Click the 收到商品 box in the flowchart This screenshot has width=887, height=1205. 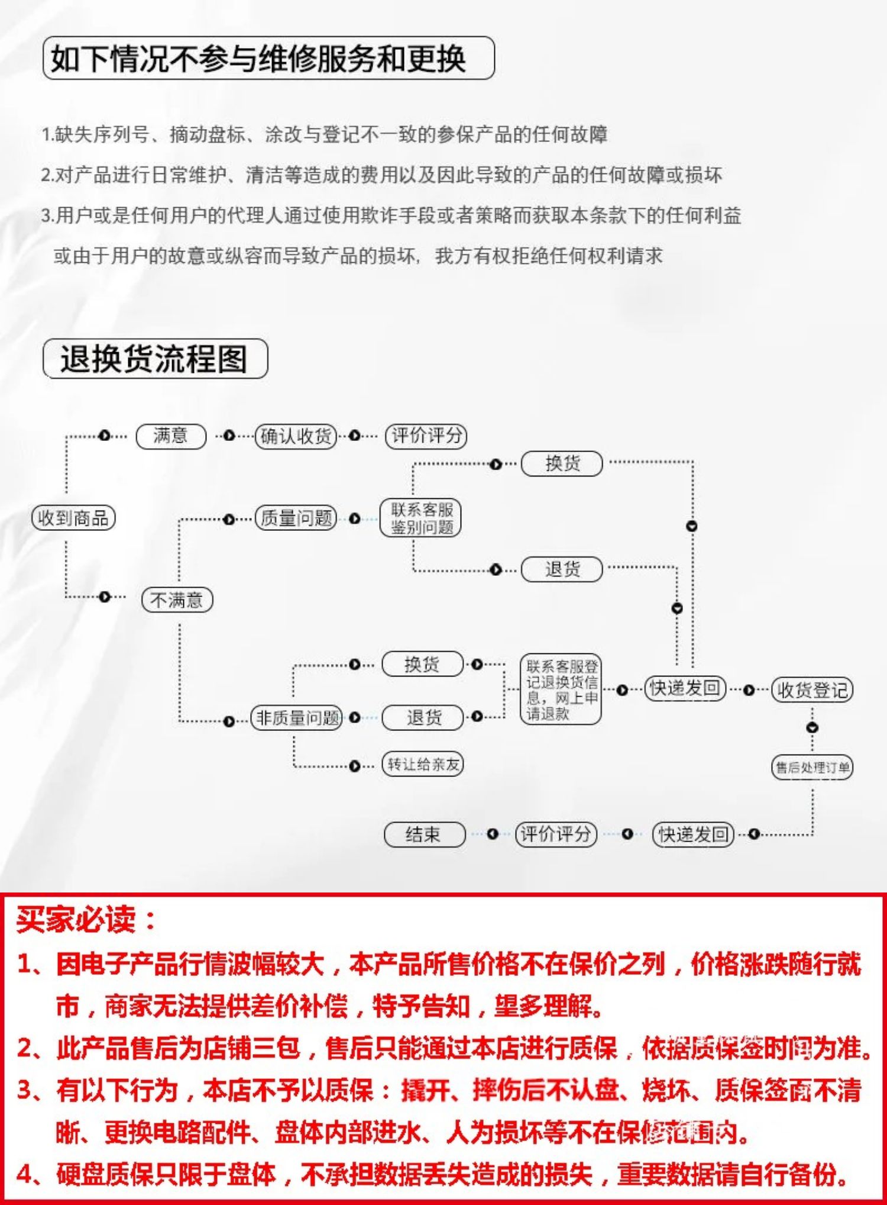point(73,518)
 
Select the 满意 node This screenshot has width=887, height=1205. point(171,436)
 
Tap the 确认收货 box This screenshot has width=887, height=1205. point(296,436)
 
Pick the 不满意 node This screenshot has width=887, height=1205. point(177,600)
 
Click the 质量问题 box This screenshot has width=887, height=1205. point(296,518)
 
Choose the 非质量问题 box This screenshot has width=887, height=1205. point(297,718)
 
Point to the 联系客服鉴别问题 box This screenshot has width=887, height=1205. point(420,518)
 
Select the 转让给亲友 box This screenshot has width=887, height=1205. point(423,764)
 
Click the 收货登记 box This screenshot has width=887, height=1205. point(812,690)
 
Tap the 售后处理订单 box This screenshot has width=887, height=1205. point(812,768)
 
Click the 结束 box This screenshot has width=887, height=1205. point(424,835)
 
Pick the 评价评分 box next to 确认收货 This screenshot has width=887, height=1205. point(426,436)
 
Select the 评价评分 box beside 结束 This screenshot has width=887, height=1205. point(555,835)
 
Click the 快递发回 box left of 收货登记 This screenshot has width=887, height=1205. point(685,689)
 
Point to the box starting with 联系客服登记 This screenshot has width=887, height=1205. point(561,690)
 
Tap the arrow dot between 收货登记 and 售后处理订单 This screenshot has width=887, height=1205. point(812,728)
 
